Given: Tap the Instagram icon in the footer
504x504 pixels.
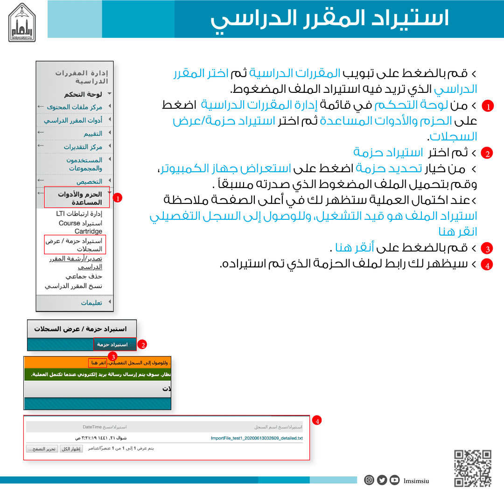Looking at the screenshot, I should point(369,480).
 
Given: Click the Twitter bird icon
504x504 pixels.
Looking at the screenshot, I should point(382,480).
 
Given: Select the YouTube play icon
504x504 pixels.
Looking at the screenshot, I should point(395,480).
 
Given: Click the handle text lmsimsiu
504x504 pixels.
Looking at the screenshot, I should point(416,480).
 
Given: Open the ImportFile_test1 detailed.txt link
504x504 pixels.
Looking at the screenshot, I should point(257,438).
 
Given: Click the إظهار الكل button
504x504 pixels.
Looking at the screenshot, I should point(72,448).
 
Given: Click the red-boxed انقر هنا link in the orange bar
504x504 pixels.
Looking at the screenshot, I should point(98,363).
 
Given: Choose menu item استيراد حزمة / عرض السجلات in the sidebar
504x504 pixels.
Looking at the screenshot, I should point(74,245).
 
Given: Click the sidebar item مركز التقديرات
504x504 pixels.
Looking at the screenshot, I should point(83,147).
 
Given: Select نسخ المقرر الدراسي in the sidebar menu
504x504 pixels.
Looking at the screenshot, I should point(74,286).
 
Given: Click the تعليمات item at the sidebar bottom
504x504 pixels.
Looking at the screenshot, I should point(91,302).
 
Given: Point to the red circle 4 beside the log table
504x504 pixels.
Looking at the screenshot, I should point(317,421).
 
